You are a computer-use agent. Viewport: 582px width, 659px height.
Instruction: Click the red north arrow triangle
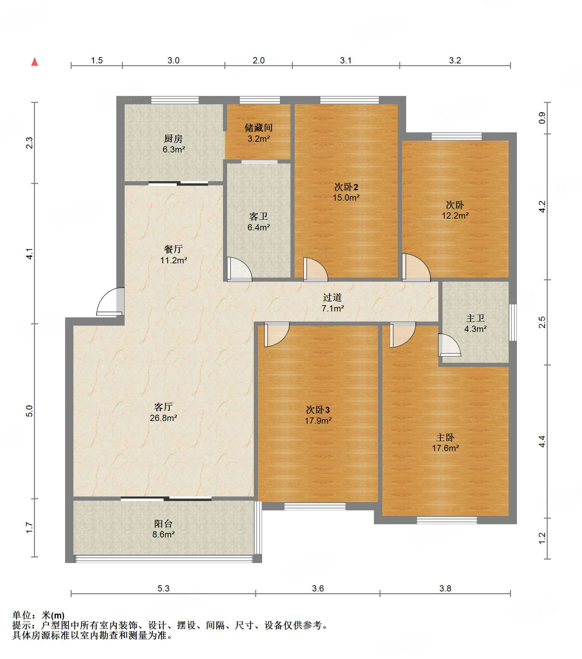tap(35, 62)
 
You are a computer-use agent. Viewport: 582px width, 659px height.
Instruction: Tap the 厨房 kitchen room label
tap(173, 139)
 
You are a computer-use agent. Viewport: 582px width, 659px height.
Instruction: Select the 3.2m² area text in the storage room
tap(259, 139)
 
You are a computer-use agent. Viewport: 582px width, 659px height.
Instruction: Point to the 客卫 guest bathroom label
tap(259, 217)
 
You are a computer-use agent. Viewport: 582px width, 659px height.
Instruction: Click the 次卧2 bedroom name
tap(346, 187)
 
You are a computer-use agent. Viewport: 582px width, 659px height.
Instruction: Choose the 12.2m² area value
tap(455, 216)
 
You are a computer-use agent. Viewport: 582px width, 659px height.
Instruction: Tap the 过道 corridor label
tap(332, 297)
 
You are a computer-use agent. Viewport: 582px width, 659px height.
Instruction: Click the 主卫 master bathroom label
tap(475, 318)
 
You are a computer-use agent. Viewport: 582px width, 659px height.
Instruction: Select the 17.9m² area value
tap(318, 421)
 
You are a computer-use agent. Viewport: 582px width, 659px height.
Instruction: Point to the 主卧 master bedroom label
tap(445, 437)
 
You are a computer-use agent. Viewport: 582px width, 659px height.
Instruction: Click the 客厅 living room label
tap(163, 407)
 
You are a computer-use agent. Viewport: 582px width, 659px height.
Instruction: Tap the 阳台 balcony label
tap(163, 524)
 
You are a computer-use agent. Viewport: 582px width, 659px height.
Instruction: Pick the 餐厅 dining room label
tap(173, 249)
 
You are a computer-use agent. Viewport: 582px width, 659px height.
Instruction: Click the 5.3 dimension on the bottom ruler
tap(163, 588)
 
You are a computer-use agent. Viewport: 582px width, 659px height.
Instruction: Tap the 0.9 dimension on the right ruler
tap(542, 118)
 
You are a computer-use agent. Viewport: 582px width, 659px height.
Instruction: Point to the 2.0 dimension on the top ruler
tap(259, 60)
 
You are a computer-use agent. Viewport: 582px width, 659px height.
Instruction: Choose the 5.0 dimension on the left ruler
tap(29, 411)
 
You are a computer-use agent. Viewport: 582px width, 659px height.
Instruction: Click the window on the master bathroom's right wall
tap(513, 322)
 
